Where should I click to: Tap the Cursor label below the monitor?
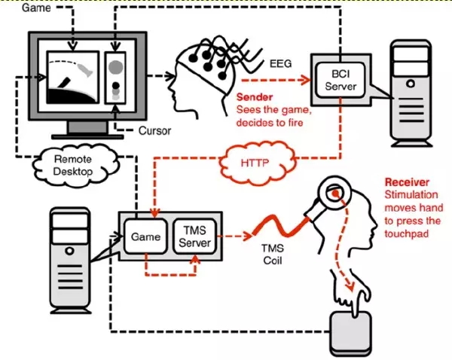pyautogui.click(x=154, y=130)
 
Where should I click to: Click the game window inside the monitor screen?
pyautogui.click(x=72, y=78)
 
